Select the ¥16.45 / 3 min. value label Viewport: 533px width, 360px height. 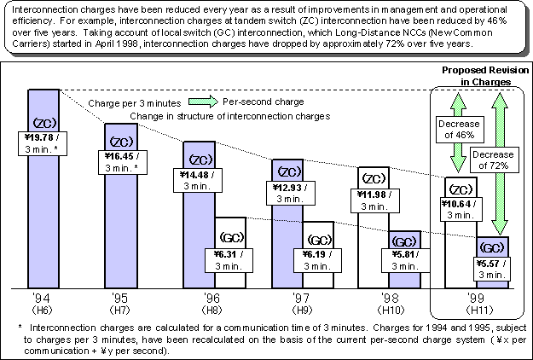123,160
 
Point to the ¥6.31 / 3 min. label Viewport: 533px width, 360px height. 232,258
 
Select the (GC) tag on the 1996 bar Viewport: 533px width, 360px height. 232,236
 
